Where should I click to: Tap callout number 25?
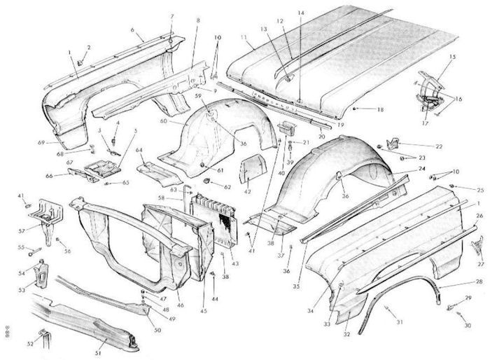pyautogui.click(x=480, y=190)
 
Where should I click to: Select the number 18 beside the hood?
pyautogui.click(x=381, y=110)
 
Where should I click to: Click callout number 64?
pyautogui.click(x=139, y=150)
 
